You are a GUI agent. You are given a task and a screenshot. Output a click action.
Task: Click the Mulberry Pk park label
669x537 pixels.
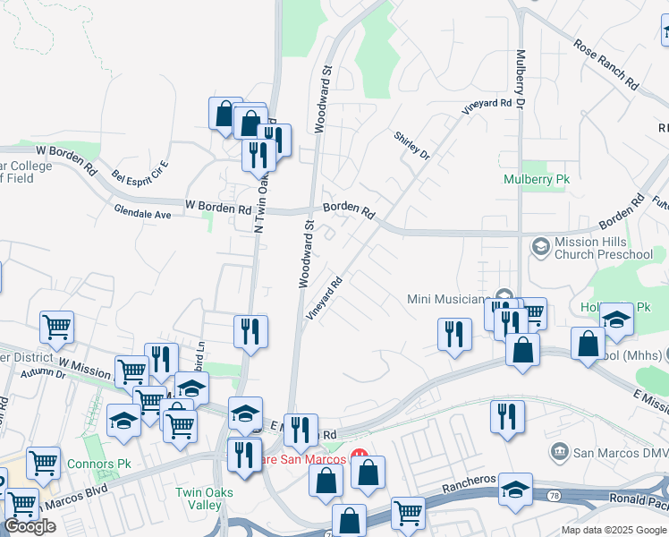[x=536, y=179]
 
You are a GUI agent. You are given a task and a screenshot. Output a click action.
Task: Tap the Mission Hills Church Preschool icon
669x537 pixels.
[x=540, y=245]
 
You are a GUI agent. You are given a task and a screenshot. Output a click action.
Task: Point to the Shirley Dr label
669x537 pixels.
[x=412, y=145]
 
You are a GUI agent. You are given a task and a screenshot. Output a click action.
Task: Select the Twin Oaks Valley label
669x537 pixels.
[x=204, y=499]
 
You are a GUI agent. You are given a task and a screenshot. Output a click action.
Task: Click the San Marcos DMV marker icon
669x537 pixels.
[x=560, y=450]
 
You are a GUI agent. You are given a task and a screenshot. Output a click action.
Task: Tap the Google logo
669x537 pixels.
[x=29, y=527]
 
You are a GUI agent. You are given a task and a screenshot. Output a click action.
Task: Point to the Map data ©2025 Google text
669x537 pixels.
[x=614, y=530]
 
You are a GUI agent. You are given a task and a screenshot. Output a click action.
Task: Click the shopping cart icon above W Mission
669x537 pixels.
[x=57, y=328]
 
